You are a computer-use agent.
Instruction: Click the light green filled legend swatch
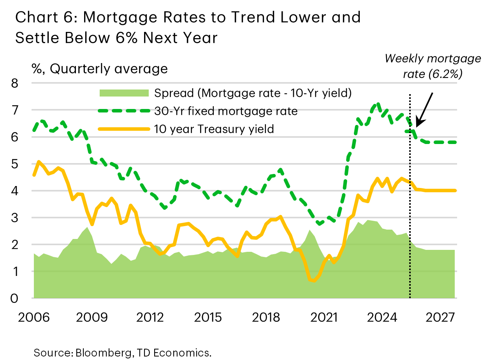(x=124, y=93)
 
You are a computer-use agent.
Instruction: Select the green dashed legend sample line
(x=124, y=111)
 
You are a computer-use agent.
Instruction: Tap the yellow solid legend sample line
(x=124, y=129)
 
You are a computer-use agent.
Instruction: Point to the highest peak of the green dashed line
(x=376, y=104)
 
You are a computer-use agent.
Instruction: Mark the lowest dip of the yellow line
(x=313, y=281)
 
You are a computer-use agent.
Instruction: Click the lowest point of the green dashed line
(x=319, y=224)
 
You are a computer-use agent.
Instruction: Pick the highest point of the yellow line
(x=38, y=161)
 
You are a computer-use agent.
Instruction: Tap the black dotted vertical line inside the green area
(x=410, y=272)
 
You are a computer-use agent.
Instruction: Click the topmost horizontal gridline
(x=244, y=83)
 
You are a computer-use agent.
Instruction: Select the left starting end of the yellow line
(x=34, y=176)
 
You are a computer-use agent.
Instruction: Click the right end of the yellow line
(x=455, y=190)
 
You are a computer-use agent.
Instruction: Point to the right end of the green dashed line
(x=455, y=142)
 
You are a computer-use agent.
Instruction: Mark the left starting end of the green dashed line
(x=34, y=131)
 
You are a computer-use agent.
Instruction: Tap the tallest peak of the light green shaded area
(x=367, y=220)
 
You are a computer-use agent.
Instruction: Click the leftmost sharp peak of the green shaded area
(x=87, y=227)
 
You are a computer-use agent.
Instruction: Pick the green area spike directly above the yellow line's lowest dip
(x=310, y=230)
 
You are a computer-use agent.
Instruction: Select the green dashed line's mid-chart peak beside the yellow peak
(x=280, y=170)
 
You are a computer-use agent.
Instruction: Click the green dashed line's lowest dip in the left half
(x=165, y=208)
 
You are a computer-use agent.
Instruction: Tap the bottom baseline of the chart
(x=244, y=298)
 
